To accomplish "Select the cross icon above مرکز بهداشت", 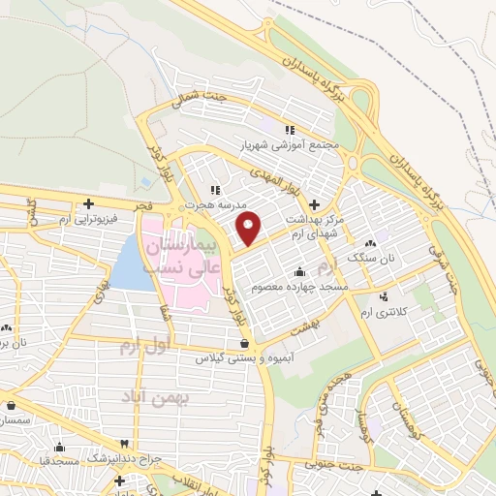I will pos(313,205).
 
